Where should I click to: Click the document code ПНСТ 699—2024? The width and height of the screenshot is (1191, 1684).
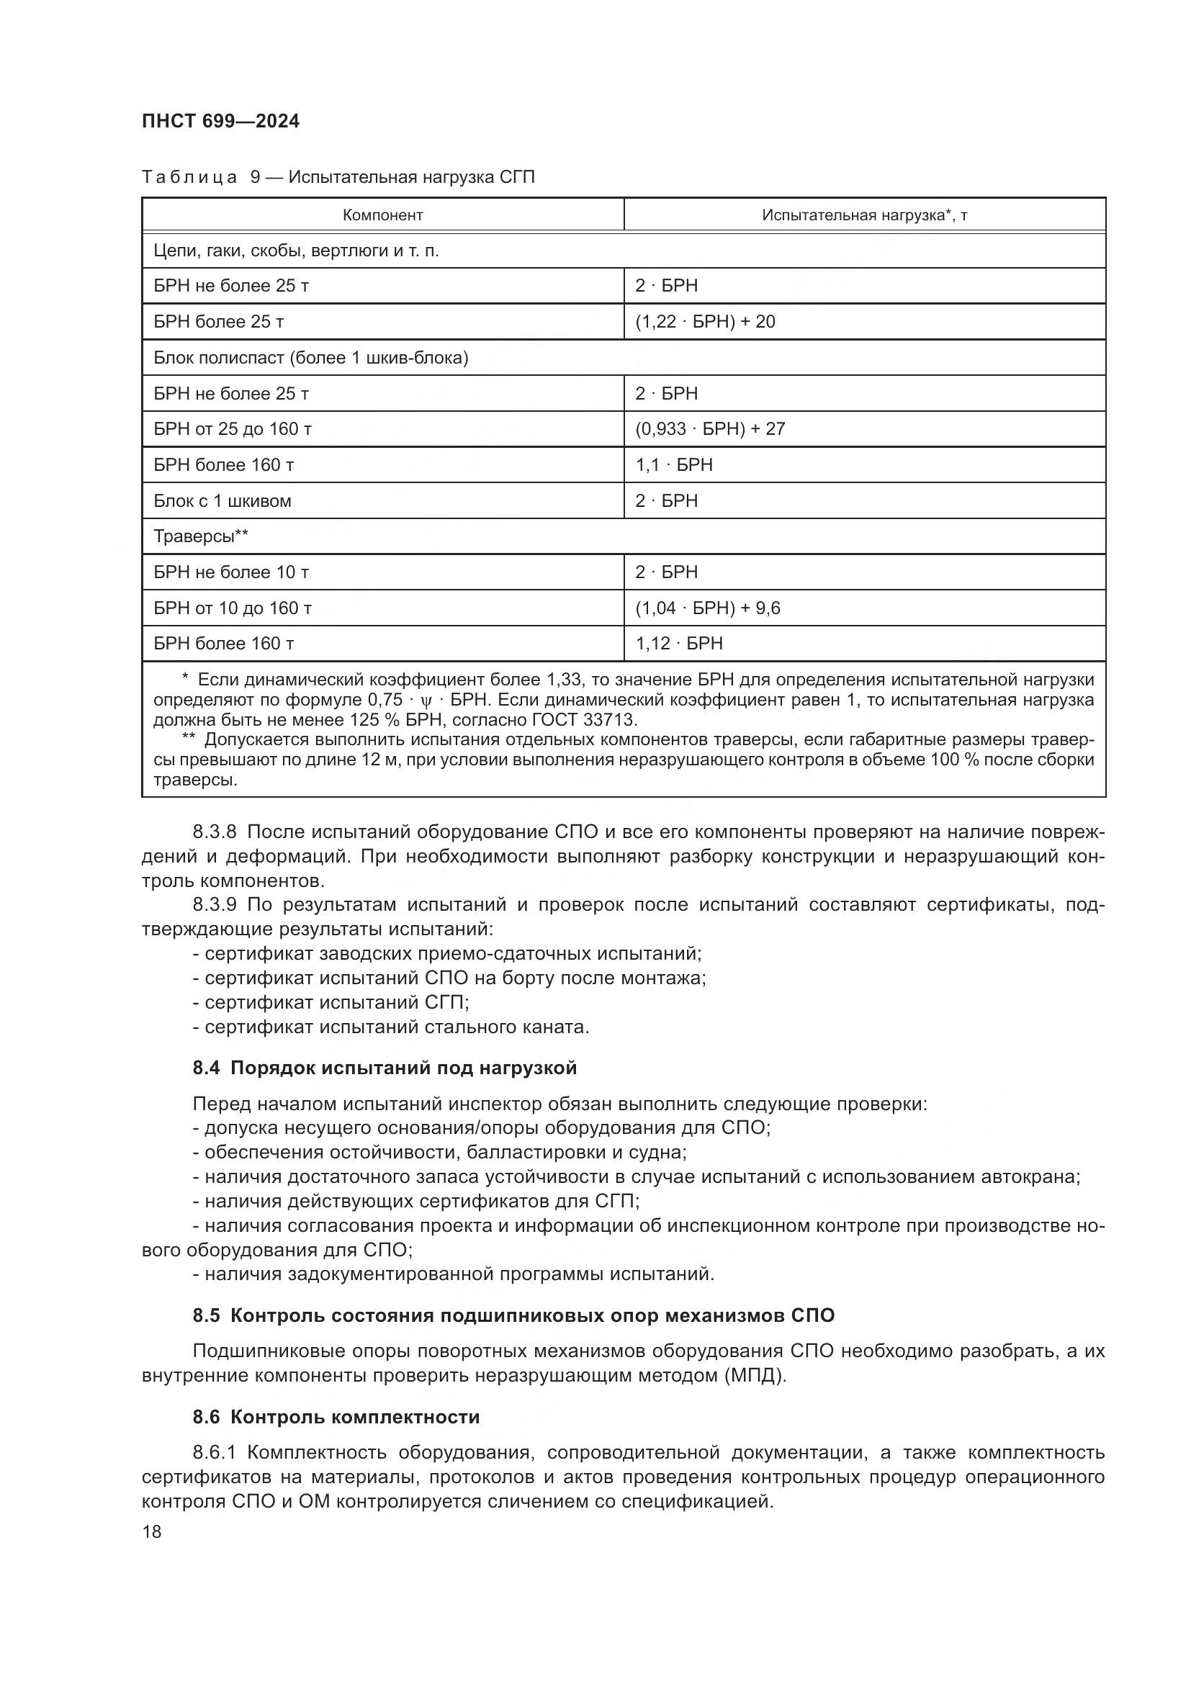click(x=221, y=122)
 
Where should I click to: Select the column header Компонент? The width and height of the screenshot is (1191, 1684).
click(x=382, y=215)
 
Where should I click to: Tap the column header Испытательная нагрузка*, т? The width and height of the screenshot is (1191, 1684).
click(x=864, y=215)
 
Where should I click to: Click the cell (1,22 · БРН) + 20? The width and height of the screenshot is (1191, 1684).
click(x=705, y=321)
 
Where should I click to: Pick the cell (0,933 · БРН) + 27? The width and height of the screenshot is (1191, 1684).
click(x=710, y=428)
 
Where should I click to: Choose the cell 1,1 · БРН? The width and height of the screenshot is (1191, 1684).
click(x=673, y=464)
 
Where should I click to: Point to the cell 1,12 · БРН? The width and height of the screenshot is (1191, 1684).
click(x=678, y=643)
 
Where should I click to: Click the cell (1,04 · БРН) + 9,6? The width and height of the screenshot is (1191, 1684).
click(x=707, y=608)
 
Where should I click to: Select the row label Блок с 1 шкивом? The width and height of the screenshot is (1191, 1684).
click(x=223, y=500)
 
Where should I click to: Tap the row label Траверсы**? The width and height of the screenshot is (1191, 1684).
click(x=200, y=536)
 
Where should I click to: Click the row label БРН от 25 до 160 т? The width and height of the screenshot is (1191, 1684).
click(x=232, y=428)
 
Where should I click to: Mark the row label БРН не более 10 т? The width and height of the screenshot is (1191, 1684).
click(x=230, y=572)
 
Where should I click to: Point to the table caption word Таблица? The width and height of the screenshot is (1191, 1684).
click(x=189, y=177)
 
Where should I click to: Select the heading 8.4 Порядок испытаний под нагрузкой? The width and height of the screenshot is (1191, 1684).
click(x=385, y=1068)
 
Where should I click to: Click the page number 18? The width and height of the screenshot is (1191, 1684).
click(x=152, y=1531)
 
